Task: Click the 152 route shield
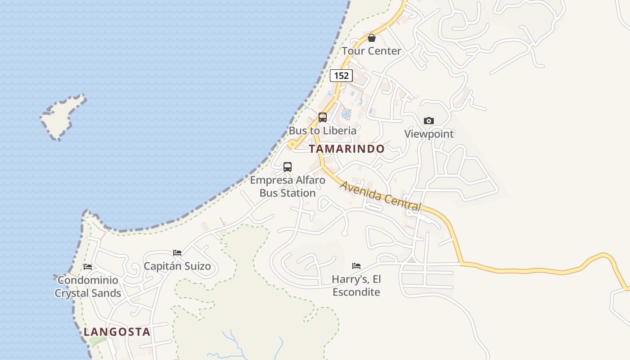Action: pos(341,75)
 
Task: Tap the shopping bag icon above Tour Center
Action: pos(372,38)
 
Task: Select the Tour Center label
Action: pos(371,51)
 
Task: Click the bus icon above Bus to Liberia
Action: pos(323,117)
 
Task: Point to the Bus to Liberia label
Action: pos(322,130)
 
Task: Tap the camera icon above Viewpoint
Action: pos(429,121)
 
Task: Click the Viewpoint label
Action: pos(429,134)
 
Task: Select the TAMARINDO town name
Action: pos(347,148)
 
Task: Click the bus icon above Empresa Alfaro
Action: pos(288,167)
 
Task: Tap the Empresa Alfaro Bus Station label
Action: pos(288,186)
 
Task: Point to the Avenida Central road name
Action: pos(380,196)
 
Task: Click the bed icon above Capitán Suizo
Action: pos(177,253)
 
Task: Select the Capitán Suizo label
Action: pos(177,266)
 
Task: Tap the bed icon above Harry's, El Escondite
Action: pos(356,266)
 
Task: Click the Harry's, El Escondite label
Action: pos(356,285)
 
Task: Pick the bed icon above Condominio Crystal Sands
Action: pos(88,267)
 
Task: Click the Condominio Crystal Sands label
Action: pos(88,287)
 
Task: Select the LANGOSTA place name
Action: pos(117,332)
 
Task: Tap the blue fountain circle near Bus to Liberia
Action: pos(346,114)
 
